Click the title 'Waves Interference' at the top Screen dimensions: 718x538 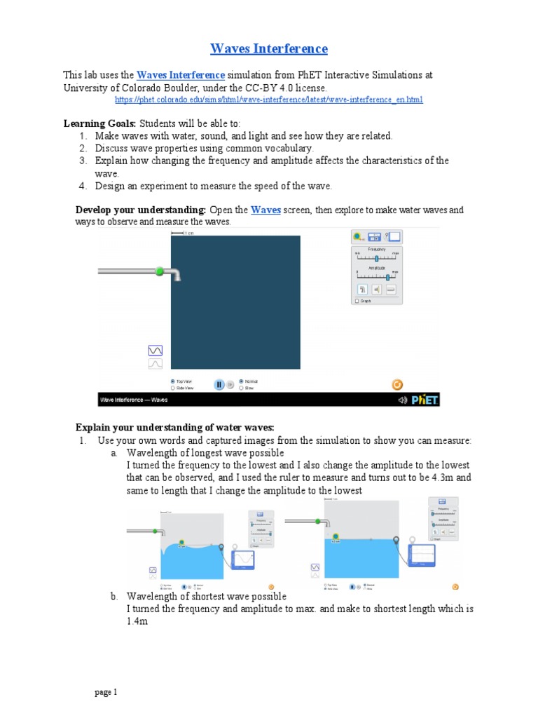click(269, 48)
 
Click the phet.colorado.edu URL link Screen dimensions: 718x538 click(269, 100)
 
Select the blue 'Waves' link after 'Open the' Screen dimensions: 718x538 click(265, 210)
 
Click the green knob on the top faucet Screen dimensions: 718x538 click(160, 271)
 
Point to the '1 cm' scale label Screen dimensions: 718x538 click(188, 233)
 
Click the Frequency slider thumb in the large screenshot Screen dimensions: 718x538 click(376, 259)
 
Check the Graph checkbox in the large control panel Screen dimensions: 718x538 click(357, 301)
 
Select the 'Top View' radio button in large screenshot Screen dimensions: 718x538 click(173, 381)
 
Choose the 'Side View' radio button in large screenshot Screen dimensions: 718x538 click(173, 387)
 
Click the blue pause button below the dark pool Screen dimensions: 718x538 click(219, 384)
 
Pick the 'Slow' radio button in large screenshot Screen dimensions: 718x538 click(242, 387)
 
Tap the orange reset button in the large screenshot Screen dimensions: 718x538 click(396, 384)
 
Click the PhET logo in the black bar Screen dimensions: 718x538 click(425, 400)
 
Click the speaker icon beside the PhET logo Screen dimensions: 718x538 click(402, 400)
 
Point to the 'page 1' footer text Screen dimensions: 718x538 click(106, 693)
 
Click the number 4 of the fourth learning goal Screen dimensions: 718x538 click(82, 186)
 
